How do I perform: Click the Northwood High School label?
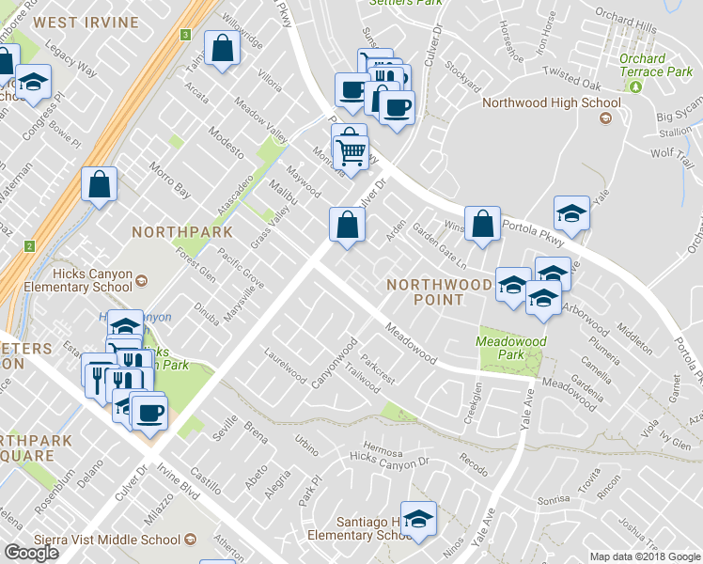[551, 103]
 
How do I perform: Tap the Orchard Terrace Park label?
[655, 65]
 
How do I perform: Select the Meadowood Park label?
[511, 348]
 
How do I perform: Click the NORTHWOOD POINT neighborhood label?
[440, 291]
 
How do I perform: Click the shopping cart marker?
[351, 150]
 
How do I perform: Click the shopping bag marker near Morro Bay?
[100, 184]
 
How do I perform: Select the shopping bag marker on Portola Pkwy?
[482, 224]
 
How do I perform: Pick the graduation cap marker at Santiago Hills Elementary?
[419, 518]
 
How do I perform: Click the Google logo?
[31, 553]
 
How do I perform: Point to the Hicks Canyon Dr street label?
[388, 458]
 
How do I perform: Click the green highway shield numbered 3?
[185, 35]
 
